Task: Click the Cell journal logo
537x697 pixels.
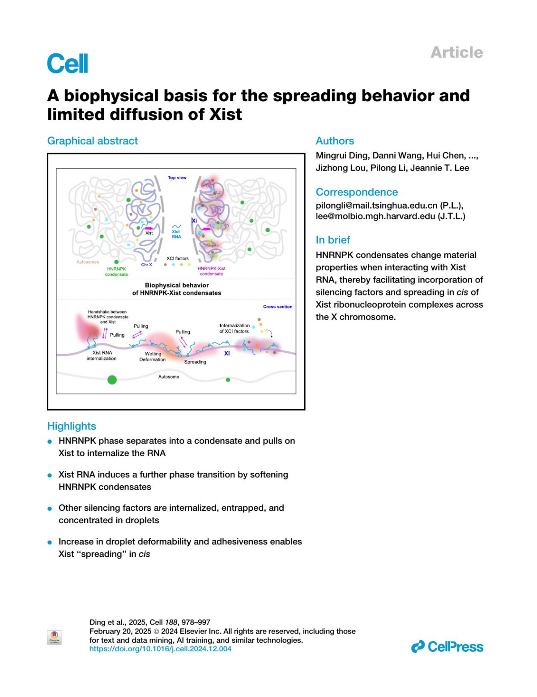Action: [68, 63]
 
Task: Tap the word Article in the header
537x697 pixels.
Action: [456, 52]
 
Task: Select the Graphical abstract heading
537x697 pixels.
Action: [93, 141]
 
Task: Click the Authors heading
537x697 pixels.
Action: [335, 141]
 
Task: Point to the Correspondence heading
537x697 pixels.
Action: [357, 192]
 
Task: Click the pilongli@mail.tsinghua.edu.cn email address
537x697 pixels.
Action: [376, 205]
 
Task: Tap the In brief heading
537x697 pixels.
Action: [333, 240]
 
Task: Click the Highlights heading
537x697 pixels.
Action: [72, 426]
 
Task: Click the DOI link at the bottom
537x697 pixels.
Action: [160, 649]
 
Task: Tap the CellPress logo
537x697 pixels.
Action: [447, 647]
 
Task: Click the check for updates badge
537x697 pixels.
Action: [54, 637]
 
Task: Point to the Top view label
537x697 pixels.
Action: [177, 178]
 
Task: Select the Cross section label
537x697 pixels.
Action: [277, 307]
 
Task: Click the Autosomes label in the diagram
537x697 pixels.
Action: [88, 262]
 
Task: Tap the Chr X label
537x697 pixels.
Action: [147, 265]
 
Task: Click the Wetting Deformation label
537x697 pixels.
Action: [153, 357]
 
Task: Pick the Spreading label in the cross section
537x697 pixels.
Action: [195, 362]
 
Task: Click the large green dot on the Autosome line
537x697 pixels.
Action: [112, 380]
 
